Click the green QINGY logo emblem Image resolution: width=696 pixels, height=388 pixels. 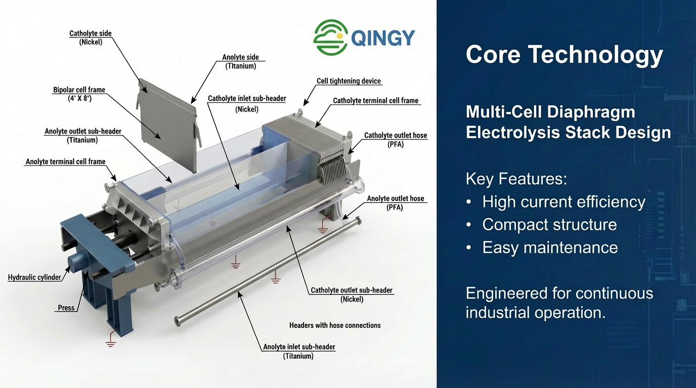[x=330, y=37]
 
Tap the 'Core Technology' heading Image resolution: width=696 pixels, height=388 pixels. [x=564, y=55]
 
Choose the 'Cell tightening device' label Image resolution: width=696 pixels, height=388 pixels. [x=349, y=81]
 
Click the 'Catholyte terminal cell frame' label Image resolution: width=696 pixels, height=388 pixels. [x=375, y=101]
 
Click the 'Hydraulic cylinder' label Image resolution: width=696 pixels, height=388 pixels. [x=34, y=277]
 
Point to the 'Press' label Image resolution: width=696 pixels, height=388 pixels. [x=66, y=308]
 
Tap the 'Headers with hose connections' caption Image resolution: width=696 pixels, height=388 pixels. [x=335, y=325]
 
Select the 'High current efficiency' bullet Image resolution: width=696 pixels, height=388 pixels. [x=563, y=202]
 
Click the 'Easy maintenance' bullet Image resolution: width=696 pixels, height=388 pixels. [x=550, y=247]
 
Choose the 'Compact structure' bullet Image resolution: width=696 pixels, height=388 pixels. [x=549, y=224]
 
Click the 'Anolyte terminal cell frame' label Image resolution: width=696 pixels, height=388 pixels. [x=66, y=162]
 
